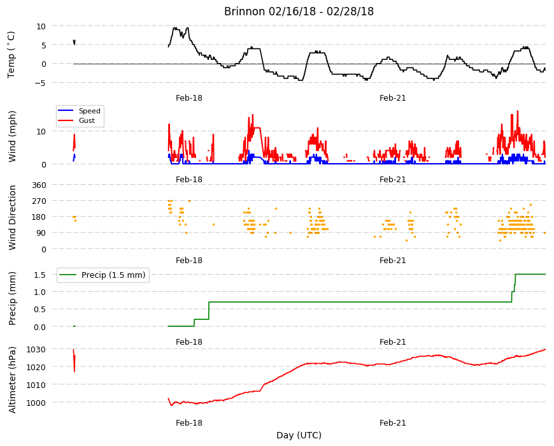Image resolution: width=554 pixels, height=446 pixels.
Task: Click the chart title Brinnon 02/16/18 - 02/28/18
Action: click(299, 11)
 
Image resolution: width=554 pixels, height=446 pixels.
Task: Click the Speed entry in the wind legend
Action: click(89, 111)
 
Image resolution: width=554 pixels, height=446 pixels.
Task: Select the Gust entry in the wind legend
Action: click(87, 120)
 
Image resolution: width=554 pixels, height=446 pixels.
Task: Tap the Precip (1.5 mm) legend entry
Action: click(113, 275)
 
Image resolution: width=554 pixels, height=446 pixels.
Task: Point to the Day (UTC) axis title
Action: click(299, 435)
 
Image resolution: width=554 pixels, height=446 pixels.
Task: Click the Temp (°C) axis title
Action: click(11, 54)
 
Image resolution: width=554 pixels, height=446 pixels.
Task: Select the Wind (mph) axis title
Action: click(12, 136)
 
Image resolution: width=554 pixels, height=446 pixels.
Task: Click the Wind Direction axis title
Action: click(12, 218)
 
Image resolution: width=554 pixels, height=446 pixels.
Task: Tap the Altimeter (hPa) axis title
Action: click(12, 380)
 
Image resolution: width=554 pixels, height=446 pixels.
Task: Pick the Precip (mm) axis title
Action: click(12, 299)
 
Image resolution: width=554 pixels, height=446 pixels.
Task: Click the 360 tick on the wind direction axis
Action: click(39, 185)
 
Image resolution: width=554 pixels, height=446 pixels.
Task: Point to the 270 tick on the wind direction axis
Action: click(39, 201)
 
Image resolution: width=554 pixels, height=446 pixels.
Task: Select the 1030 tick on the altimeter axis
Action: click(36, 350)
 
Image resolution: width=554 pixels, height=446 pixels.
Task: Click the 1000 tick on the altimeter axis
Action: click(36, 403)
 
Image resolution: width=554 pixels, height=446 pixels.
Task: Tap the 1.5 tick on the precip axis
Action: click(40, 275)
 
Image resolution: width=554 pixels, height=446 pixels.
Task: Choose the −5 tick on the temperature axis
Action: click(40, 83)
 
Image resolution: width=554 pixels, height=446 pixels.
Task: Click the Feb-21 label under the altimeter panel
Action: click(392, 422)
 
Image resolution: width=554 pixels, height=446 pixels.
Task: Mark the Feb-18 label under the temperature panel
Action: click(189, 98)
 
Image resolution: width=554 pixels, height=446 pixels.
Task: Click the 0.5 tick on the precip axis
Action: click(40, 310)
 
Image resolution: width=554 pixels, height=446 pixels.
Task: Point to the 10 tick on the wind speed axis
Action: click(41, 132)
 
